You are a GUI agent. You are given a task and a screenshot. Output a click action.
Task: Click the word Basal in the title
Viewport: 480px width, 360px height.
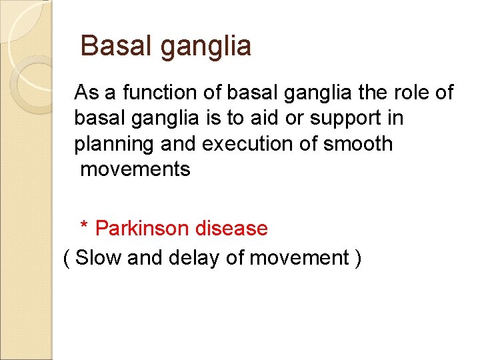click(x=114, y=47)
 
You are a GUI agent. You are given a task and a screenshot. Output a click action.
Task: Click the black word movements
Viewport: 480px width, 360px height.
click(x=135, y=169)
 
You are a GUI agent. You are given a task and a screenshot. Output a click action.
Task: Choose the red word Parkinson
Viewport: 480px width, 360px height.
click(x=143, y=228)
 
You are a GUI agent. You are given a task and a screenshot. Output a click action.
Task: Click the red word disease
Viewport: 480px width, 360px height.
click(x=231, y=228)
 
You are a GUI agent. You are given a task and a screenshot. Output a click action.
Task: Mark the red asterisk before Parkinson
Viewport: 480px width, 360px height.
click(x=84, y=227)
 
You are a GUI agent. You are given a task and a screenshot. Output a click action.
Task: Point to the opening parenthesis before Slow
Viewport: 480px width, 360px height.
click(x=66, y=258)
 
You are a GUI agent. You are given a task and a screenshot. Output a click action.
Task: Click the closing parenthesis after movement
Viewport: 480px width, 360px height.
click(x=358, y=258)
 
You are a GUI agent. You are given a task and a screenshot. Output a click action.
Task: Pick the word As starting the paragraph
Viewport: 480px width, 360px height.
click(x=85, y=92)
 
